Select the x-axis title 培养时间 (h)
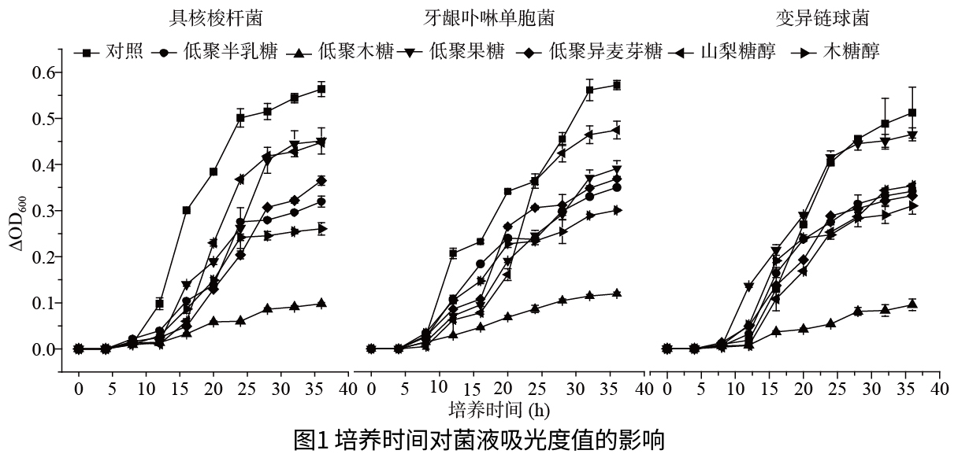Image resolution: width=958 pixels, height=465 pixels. click(x=499, y=409)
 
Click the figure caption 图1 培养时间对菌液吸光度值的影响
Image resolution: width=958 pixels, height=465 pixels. click(x=479, y=441)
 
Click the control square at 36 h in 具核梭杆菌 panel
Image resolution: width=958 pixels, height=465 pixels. click(x=321, y=89)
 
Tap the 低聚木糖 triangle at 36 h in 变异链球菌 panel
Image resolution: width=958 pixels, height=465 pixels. click(x=912, y=304)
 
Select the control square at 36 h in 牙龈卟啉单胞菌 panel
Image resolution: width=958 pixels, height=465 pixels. click(x=617, y=85)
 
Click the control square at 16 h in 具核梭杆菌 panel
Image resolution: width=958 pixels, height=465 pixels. click(x=187, y=210)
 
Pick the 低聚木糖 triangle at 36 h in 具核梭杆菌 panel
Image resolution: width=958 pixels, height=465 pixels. click(x=321, y=304)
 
